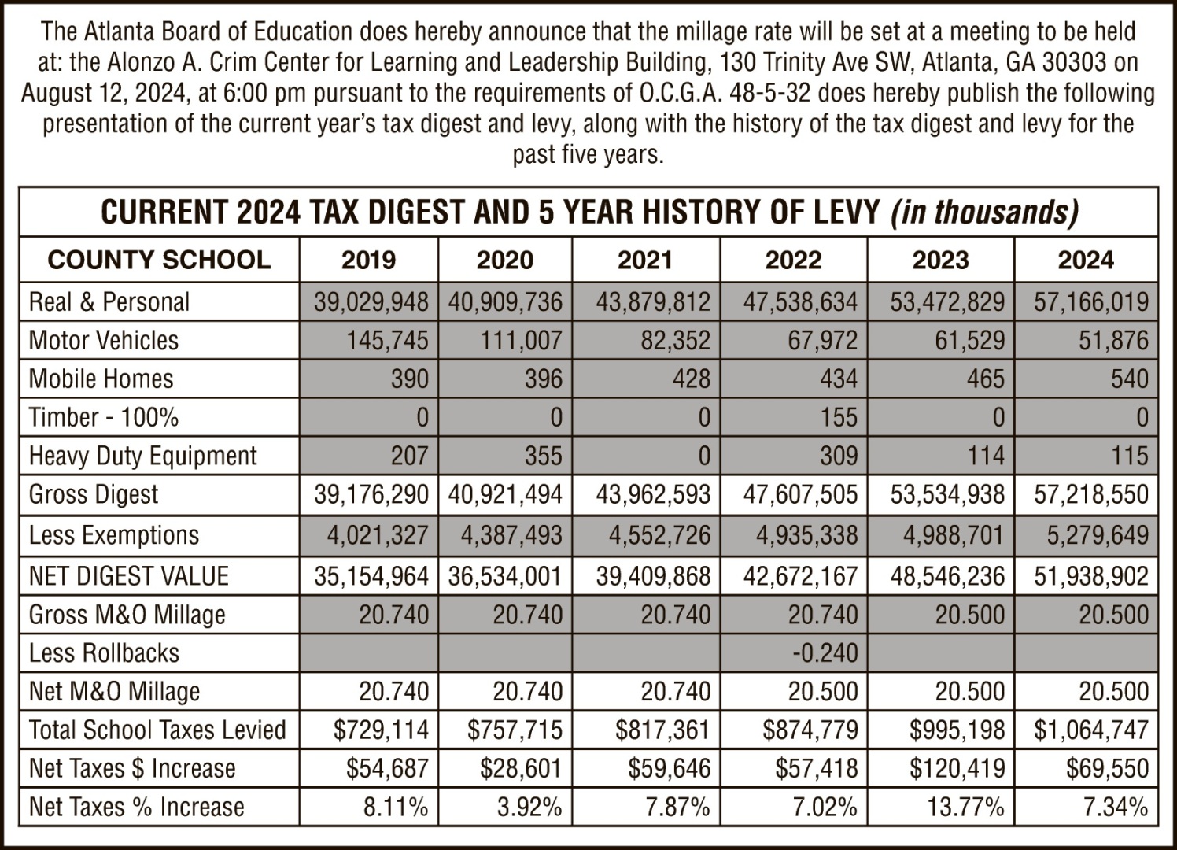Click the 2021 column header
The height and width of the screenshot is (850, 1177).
pyautogui.click(x=645, y=260)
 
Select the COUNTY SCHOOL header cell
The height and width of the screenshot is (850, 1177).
pyautogui.click(x=159, y=260)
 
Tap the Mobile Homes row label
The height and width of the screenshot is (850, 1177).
pyautogui.click(x=101, y=379)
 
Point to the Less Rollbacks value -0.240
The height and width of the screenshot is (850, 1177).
pyautogui.click(x=825, y=653)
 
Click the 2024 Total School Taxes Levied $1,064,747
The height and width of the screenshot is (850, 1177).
pyautogui.click(x=1091, y=730)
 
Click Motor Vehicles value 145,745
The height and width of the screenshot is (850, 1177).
pyautogui.click(x=387, y=340)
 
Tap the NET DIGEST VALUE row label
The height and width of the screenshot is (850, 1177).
pyautogui.click(x=128, y=575)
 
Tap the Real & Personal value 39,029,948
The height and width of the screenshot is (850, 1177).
pyautogui.click(x=371, y=301)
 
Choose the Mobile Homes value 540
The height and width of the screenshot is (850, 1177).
pyautogui.click(x=1130, y=379)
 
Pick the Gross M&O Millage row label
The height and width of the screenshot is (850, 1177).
pyautogui.click(x=127, y=615)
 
